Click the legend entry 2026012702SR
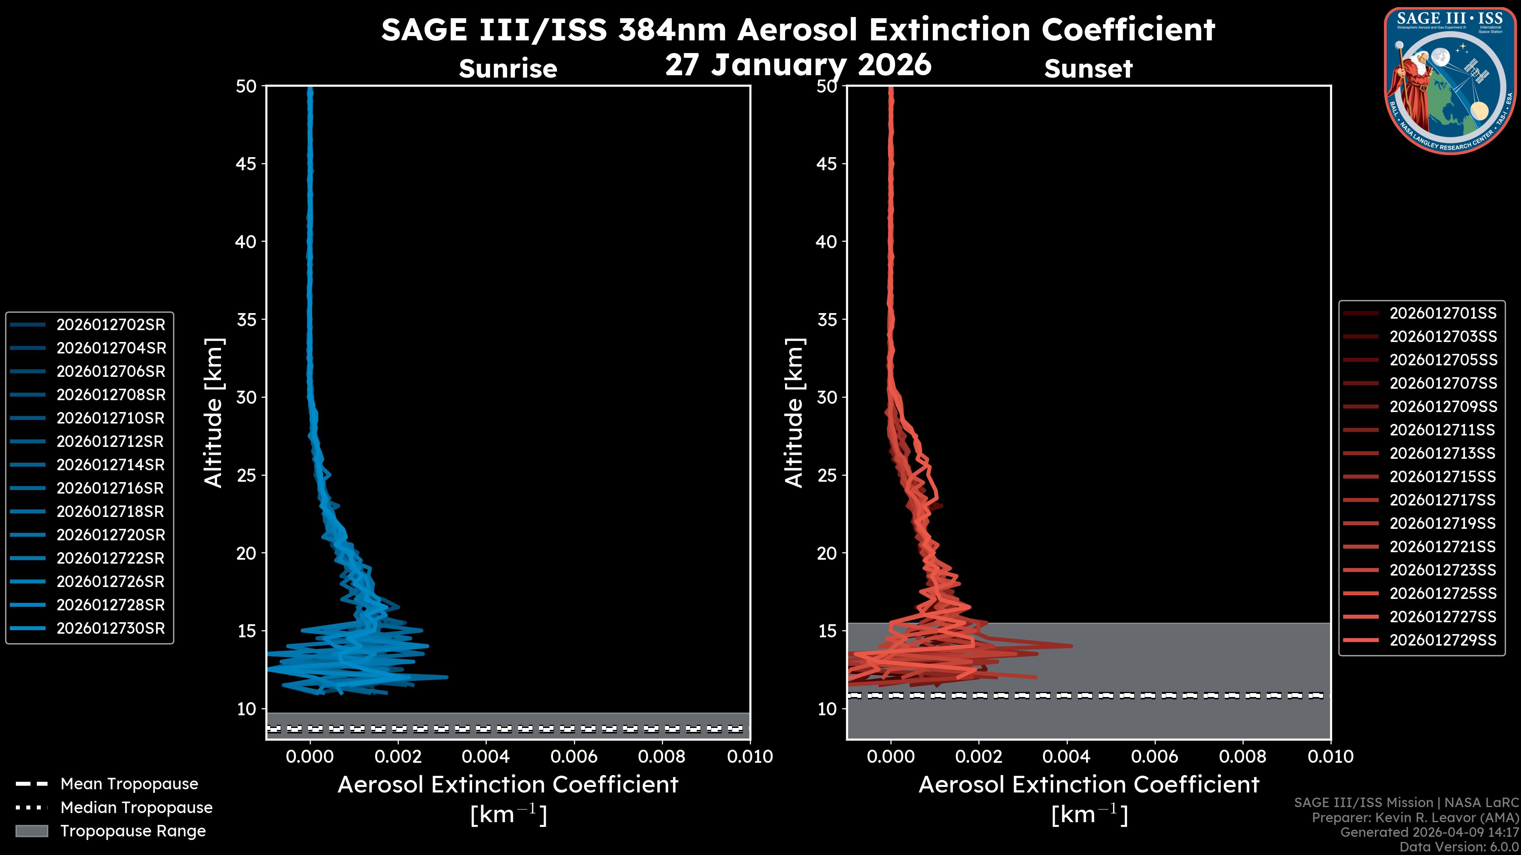(111, 325)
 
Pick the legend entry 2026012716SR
(111, 488)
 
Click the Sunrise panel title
(508, 68)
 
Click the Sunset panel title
(1088, 68)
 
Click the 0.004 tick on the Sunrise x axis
(486, 756)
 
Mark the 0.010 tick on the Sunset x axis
(1330, 756)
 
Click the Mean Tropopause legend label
(129, 784)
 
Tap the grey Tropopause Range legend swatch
(32, 831)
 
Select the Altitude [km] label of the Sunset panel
(794, 413)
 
